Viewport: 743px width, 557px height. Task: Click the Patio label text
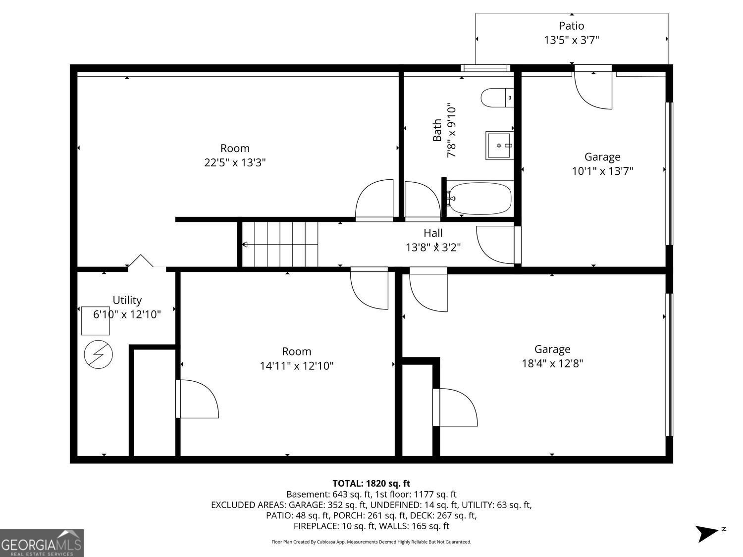click(572, 26)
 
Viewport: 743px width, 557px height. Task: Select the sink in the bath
click(499, 146)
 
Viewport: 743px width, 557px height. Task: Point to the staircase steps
click(286, 244)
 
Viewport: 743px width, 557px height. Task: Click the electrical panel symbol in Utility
click(98, 354)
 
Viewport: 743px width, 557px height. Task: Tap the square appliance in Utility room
click(95, 321)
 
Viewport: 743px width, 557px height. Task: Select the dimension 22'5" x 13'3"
click(235, 162)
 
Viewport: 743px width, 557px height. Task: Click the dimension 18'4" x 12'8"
click(552, 363)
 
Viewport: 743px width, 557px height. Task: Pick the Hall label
click(433, 233)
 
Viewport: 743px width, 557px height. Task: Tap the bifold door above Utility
click(141, 261)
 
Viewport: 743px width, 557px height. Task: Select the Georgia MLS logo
click(42, 543)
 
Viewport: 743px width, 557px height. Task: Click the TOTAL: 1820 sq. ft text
click(371, 483)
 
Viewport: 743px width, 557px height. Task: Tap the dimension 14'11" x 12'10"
click(297, 366)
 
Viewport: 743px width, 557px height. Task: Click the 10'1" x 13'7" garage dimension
click(602, 171)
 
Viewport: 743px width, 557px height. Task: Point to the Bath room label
click(437, 130)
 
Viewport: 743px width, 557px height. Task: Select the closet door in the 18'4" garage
click(456, 407)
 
